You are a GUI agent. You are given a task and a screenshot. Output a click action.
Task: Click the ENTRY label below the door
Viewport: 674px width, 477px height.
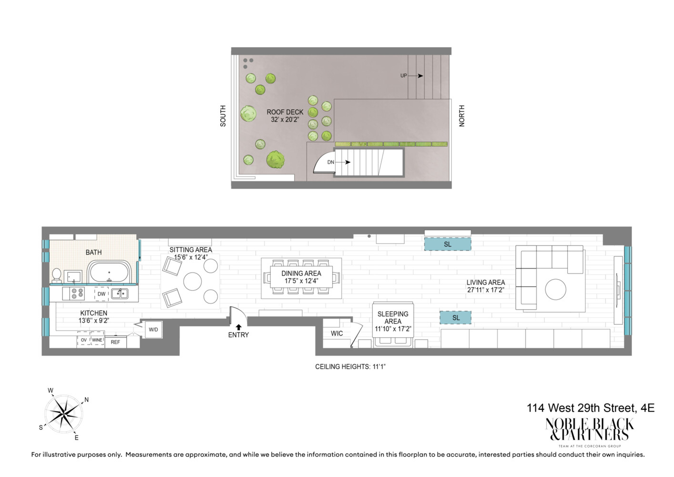pyautogui.click(x=238, y=335)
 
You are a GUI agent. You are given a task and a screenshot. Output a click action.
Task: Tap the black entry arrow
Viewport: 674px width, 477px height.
pyautogui.click(x=239, y=327)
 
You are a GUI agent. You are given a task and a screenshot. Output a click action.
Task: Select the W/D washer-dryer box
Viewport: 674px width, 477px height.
pyautogui.click(x=153, y=330)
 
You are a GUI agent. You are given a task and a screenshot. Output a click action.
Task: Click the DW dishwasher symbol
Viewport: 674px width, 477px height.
pyautogui.click(x=102, y=294)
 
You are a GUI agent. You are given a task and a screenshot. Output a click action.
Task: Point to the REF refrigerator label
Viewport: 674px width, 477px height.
pyautogui.click(x=115, y=342)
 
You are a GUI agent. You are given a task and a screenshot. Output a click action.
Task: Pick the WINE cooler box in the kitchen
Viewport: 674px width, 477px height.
pyautogui.click(x=97, y=340)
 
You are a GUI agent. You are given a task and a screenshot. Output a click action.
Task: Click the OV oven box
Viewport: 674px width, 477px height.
pyautogui.click(x=83, y=340)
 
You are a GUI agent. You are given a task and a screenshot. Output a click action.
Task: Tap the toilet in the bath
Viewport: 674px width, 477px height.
pyautogui.click(x=56, y=276)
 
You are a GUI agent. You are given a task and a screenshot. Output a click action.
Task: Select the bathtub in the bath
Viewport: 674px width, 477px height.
pyautogui.click(x=110, y=272)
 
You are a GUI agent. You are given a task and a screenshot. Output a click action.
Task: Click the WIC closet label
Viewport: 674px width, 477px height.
pyautogui.click(x=337, y=333)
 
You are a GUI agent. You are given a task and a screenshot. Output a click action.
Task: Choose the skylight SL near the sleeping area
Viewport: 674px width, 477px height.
pyautogui.click(x=456, y=318)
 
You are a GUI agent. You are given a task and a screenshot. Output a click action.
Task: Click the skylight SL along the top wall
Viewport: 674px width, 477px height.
pyautogui.click(x=448, y=244)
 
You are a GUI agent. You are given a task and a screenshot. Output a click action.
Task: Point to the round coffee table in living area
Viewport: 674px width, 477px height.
pyautogui.click(x=555, y=290)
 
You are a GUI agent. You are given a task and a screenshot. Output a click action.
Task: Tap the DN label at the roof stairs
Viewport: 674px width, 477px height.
pyautogui.click(x=331, y=162)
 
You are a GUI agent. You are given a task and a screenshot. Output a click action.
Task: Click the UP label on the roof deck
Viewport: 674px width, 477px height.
pyautogui.click(x=404, y=75)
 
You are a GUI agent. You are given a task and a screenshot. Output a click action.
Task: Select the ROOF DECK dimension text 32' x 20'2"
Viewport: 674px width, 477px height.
pyautogui.click(x=285, y=120)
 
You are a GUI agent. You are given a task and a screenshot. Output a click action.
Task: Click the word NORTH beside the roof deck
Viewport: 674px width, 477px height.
pyautogui.click(x=461, y=115)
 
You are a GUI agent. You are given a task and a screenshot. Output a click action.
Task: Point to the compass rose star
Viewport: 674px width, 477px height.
pyautogui.click(x=64, y=414)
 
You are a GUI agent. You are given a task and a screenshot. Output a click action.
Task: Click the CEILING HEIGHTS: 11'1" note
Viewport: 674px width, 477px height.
pyautogui.click(x=350, y=367)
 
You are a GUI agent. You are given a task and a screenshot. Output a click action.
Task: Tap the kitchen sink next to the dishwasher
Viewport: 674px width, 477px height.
pyautogui.click(x=120, y=293)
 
